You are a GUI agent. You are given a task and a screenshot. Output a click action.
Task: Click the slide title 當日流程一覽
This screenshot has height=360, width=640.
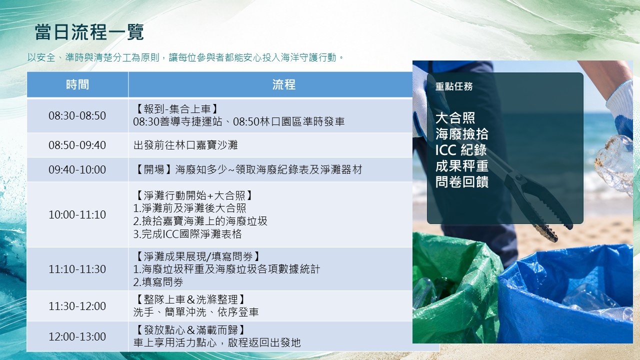(89, 32)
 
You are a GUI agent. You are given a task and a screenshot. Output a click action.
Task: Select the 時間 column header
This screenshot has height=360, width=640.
(77, 84)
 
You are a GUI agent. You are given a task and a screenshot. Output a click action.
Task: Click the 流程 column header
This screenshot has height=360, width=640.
(283, 84)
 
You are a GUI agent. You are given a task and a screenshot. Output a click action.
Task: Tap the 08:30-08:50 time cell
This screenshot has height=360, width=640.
(77, 115)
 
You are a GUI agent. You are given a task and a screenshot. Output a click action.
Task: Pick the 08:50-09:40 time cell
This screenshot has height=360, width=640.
(77, 145)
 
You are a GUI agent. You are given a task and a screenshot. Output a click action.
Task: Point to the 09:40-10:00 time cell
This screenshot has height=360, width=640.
(77, 169)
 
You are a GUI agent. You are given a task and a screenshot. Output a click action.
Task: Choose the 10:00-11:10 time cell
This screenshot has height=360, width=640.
(77, 214)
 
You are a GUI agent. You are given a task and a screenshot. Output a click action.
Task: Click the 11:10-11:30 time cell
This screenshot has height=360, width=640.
(77, 269)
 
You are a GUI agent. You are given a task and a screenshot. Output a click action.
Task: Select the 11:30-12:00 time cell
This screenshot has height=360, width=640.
(77, 306)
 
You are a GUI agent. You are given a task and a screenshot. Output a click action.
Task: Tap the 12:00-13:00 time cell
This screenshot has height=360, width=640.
(77, 336)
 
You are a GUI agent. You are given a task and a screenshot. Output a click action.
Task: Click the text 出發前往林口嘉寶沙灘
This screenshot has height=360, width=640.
(185, 145)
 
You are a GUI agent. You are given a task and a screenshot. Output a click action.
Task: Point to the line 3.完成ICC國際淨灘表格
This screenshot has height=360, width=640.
(187, 234)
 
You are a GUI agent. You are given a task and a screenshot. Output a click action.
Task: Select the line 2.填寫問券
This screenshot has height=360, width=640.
(158, 282)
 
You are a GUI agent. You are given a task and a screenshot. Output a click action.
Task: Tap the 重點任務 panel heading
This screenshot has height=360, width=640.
(453, 86)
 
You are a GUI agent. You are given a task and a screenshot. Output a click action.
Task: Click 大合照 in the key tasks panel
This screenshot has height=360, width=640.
(455, 117)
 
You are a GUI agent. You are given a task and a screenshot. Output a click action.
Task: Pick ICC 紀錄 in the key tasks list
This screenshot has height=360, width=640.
(461, 150)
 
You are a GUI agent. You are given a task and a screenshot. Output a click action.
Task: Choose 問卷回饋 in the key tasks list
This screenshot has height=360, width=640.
(462, 181)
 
